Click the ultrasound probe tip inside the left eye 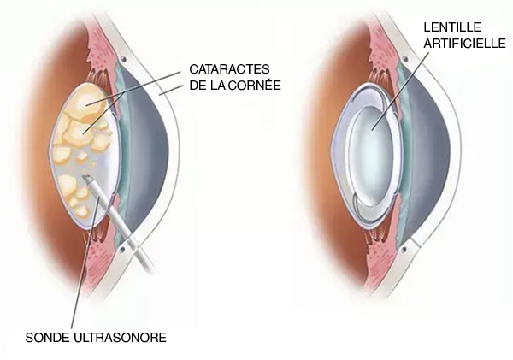[88, 180]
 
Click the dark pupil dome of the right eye [433, 162]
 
